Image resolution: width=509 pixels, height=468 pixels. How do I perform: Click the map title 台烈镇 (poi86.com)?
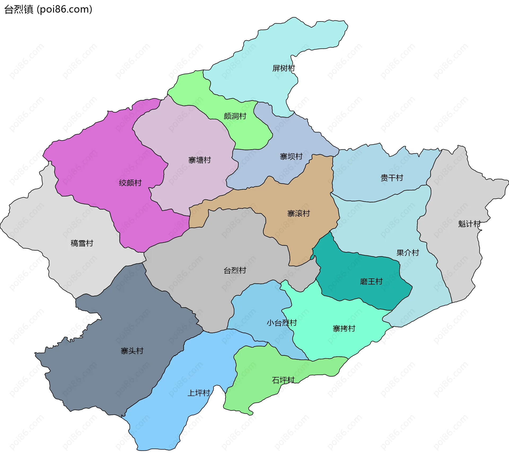click(48, 10)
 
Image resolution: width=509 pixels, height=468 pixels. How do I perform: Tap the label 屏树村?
click(283, 68)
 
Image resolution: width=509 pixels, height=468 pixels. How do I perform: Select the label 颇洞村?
click(235, 116)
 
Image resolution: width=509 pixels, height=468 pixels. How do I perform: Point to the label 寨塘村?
click(199, 160)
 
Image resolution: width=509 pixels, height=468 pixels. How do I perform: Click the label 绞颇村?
click(130, 183)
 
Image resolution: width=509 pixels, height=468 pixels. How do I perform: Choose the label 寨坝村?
click(291, 157)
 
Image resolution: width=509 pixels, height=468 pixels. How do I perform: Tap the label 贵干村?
click(392, 178)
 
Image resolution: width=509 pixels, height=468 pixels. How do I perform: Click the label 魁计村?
click(469, 224)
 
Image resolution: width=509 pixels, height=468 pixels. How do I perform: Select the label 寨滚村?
click(299, 214)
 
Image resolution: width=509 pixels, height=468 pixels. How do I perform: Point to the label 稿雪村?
click(82, 243)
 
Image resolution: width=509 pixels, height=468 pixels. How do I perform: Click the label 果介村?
click(407, 253)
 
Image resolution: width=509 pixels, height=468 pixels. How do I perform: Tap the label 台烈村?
click(235, 271)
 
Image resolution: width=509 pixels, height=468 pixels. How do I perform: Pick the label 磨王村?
click(371, 282)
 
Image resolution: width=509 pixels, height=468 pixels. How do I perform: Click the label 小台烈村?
click(282, 323)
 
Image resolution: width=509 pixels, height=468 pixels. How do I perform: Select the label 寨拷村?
click(344, 329)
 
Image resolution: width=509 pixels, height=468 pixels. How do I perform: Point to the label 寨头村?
click(132, 351)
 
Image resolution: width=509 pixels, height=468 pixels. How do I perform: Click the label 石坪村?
click(283, 380)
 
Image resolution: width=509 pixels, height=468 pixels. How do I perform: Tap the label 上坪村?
click(199, 393)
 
